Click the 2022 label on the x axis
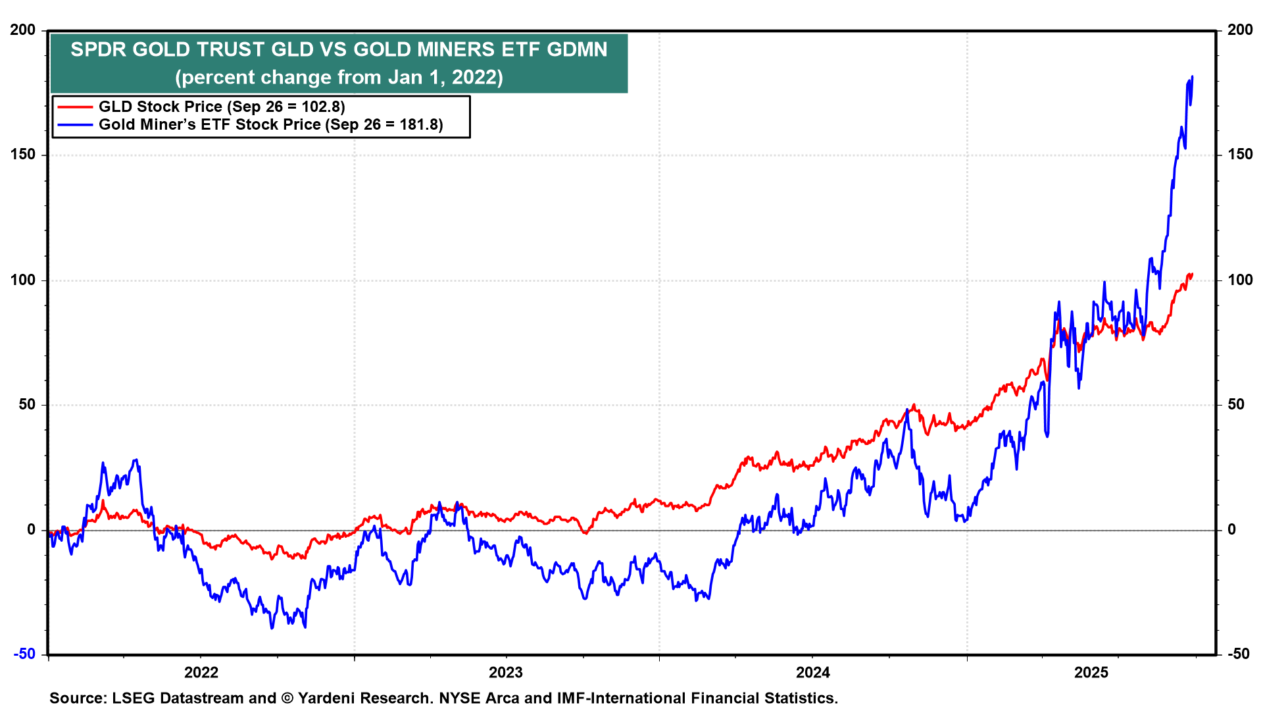pos(201,672)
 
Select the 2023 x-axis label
pos(506,672)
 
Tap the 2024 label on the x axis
pos(813,672)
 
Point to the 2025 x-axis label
pos(1091,672)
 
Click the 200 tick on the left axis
pos(23,30)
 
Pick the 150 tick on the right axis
pos(1240,155)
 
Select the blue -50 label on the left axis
pos(24,654)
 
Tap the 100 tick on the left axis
pos(23,280)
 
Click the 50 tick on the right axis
pos(1237,404)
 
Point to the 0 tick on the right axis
pos(1232,529)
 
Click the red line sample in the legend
pos(75,107)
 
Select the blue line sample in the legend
pos(75,124)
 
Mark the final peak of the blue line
pos(1192,77)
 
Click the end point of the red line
pos(1192,274)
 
